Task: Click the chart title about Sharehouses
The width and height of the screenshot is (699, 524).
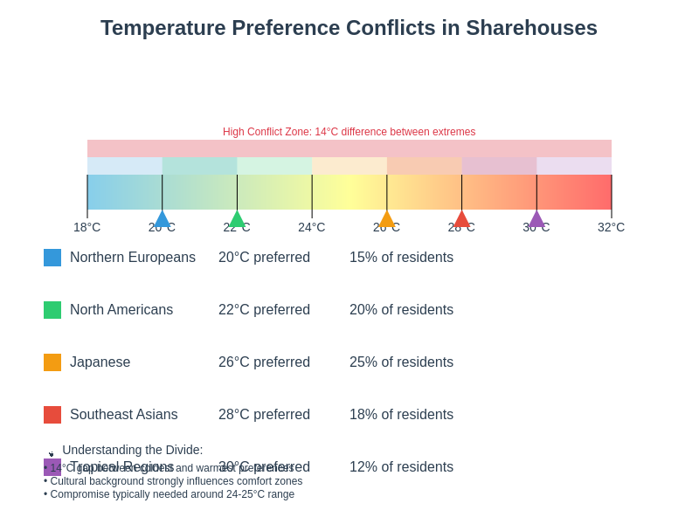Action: [x=349, y=28]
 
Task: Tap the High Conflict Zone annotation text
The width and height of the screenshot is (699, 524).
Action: [x=349, y=132]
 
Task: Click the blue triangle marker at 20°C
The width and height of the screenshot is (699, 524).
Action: [x=162, y=219]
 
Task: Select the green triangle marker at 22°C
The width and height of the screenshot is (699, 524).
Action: [x=237, y=219]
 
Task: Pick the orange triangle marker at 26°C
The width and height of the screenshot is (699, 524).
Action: [x=387, y=219]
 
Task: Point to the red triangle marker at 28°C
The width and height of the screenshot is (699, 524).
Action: [x=461, y=219]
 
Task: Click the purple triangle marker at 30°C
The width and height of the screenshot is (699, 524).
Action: [x=536, y=219]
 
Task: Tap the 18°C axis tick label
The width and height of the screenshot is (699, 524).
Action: [x=87, y=227]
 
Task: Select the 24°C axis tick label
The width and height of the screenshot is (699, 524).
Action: [x=311, y=227]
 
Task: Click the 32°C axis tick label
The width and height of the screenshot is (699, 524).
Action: [x=611, y=227]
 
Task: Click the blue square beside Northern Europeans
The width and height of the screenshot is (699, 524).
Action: [x=52, y=258]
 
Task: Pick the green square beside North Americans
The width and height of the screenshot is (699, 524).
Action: [x=52, y=310]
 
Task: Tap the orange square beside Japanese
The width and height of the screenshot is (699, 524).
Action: [x=52, y=362]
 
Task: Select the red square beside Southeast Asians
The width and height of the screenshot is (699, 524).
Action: [x=52, y=415]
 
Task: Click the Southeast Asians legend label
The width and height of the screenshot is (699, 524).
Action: [x=123, y=415]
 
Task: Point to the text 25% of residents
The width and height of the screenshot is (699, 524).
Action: [x=401, y=362]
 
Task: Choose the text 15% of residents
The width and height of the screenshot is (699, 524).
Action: [x=401, y=258]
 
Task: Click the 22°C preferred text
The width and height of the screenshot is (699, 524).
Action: [x=264, y=310]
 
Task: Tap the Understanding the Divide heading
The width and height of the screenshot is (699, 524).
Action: [x=132, y=450]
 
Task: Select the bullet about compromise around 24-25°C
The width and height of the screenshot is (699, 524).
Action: [x=172, y=494]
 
